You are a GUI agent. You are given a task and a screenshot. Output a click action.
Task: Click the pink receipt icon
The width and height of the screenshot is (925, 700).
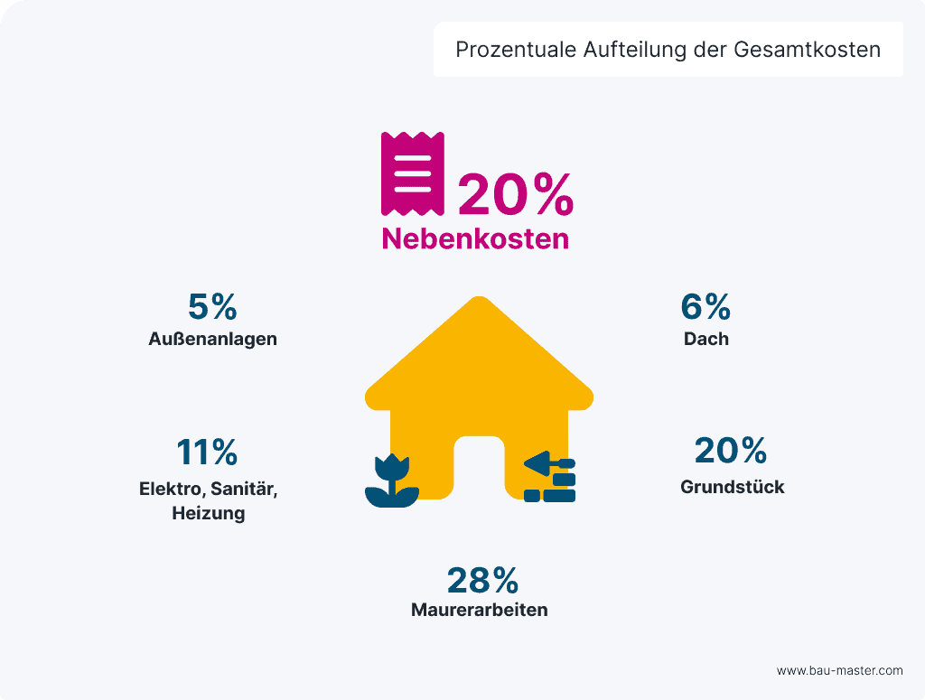tap(412, 173)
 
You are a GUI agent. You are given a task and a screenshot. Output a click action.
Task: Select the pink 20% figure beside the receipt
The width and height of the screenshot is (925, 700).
tap(515, 194)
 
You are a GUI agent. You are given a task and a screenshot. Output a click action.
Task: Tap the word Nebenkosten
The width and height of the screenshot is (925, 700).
tap(475, 238)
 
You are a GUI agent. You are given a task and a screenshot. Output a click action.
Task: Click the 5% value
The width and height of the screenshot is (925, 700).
tap(212, 307)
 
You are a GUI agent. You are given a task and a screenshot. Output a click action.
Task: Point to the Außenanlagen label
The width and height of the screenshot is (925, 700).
tap(212, 340)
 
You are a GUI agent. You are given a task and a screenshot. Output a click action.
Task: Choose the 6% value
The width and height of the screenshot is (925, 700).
tap(705, 307)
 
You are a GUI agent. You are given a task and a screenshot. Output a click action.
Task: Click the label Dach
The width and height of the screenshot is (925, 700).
tap(705, 340)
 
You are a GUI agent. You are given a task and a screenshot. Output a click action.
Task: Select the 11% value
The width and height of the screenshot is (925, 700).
tap(207, 451)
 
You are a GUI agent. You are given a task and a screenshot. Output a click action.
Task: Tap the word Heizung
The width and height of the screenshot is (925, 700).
tap(209, 514)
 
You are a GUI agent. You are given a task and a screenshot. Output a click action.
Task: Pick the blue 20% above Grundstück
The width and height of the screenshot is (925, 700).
tap(731, 450)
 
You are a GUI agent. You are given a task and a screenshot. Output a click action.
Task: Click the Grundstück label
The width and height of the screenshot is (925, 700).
tap(732, 487)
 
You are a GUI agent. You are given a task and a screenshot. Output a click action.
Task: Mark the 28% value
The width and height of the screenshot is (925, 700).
tap(482, 580)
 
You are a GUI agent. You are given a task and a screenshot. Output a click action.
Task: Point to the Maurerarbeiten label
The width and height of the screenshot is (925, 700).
tap(479, 610)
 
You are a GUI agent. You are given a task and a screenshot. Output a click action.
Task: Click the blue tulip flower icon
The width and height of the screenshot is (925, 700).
tap(392, 481)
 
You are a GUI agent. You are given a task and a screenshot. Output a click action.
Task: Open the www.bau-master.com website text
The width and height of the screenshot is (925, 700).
tap(839, 670)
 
